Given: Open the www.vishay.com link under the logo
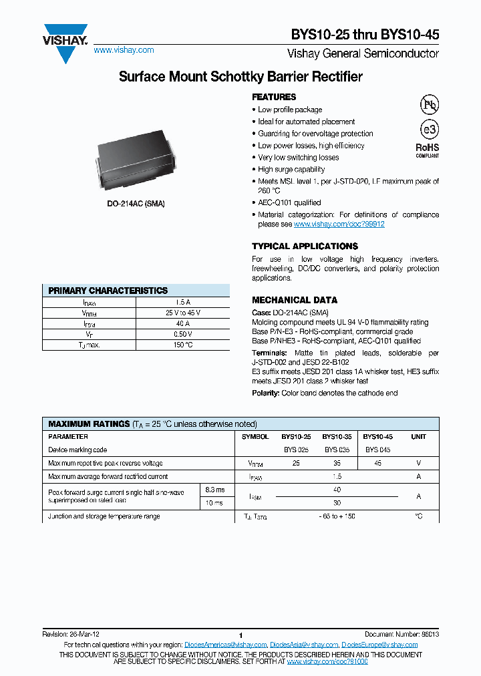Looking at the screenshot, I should pos(124,50).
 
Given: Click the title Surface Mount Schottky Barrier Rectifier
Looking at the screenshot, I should pos(240,77).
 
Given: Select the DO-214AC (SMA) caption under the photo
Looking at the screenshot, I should pos(136,203).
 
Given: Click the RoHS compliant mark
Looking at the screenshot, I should pos(428,150).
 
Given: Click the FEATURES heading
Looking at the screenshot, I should pos(274,97).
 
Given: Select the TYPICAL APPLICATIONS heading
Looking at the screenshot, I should pos(305,246).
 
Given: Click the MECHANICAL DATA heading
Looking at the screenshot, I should pos(295,300).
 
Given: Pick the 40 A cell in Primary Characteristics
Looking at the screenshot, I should pos(182,323).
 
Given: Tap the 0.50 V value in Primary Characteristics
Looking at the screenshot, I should pos(182,334).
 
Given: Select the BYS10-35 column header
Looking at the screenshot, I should pos(337,436).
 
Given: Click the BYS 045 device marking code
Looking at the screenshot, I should pos(377,450).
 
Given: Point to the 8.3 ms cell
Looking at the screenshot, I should pos(215,490).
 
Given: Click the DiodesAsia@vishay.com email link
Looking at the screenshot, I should pos(304,645).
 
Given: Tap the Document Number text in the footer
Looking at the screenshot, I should pos(402,634).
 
